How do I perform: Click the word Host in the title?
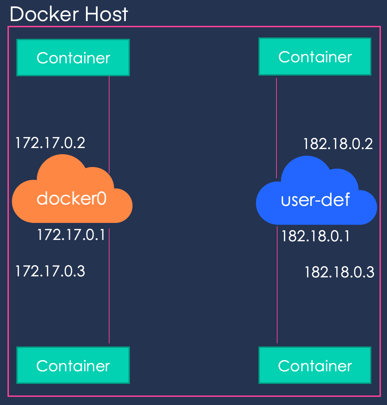coord(106,14)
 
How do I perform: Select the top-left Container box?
coord(73,58)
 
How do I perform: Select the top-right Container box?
coord(315,56)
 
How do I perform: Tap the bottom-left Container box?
coord(73,366)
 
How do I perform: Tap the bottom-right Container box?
coord(315,366)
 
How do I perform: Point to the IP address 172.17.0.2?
coord(50,143)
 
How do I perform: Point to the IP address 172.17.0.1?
coord(71,235)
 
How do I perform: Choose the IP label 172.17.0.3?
coord(50,271)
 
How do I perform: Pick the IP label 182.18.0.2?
coord(338,144)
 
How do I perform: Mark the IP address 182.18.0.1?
coord(315,236)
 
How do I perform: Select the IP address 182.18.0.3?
coord(339,272)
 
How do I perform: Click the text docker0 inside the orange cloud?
coord(71,198)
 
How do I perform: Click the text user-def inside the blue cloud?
coord(315,200)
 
